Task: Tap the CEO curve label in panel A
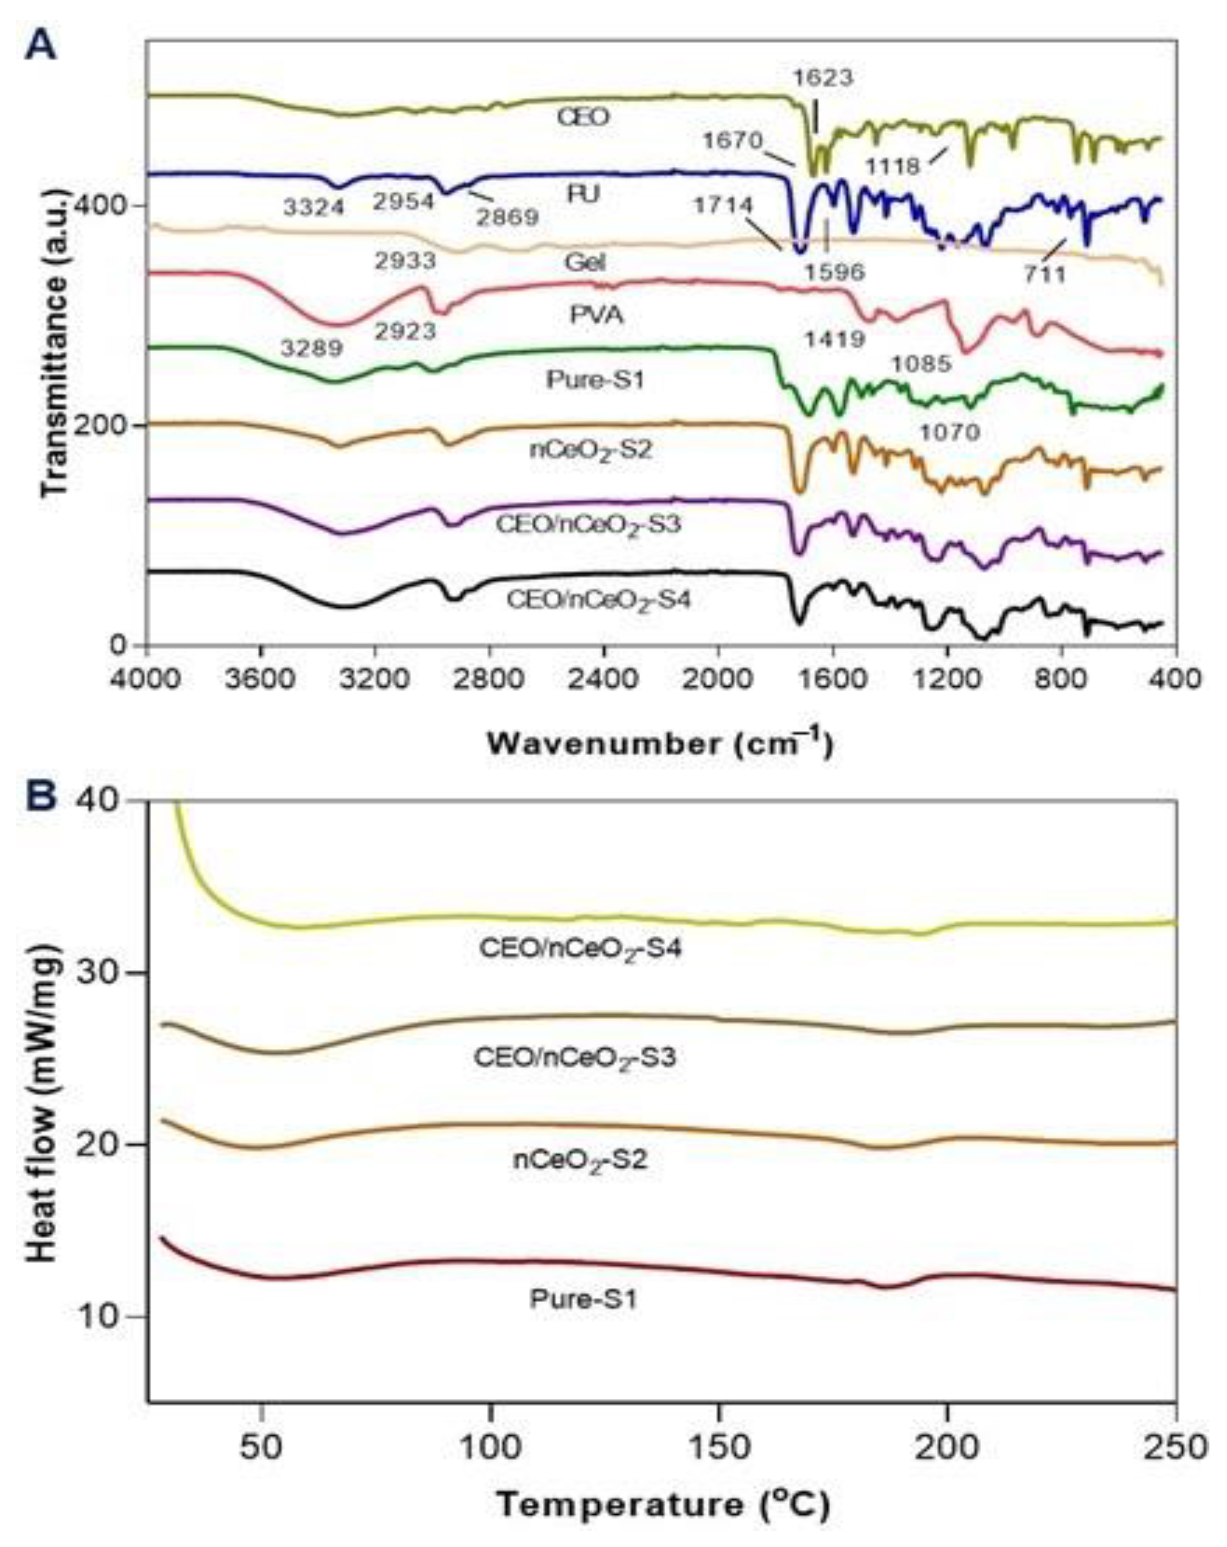(583, 117)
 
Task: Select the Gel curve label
(584, 263)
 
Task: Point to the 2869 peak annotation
(508, 216)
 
